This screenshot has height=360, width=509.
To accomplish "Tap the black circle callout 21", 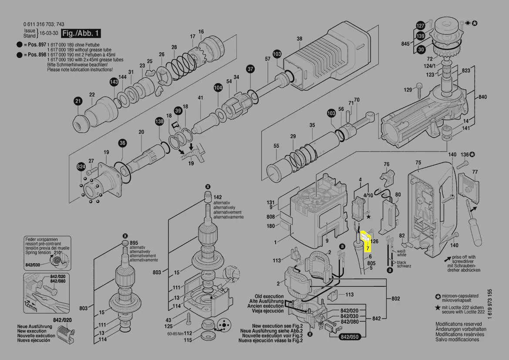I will pos(78,102).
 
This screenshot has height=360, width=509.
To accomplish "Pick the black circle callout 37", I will pos(250,69).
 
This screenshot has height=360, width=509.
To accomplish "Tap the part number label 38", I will pos(299,39).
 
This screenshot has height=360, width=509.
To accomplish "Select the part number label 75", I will pos(418,163).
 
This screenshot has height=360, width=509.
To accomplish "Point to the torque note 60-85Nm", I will pos(175,334).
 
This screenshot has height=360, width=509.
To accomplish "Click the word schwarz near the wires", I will pos(404,266).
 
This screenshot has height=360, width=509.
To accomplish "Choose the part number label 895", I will pos(134,243).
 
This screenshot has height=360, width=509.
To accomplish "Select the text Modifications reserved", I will pos(458,324).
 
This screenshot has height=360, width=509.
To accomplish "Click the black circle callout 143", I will pos(114,82).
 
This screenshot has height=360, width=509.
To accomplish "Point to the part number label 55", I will pos(276,146).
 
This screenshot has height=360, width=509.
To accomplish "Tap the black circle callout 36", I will pos(122,143).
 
